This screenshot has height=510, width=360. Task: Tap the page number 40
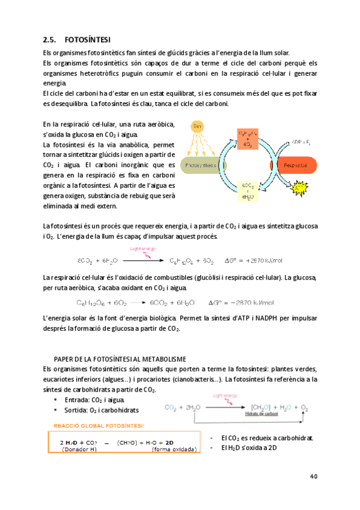click(x=313, y=477)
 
